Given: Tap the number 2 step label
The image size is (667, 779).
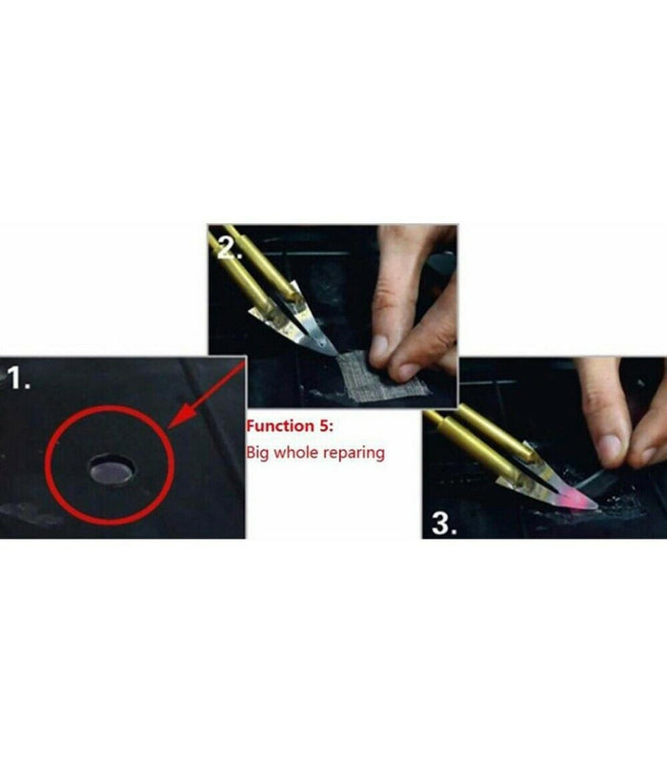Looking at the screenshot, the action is pyautogui.click(x=230, y=247).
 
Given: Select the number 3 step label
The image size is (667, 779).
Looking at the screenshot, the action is pyautogui.click(x=444, y=523).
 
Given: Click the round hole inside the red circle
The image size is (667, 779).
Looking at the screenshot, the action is pyautogui.click(x=112, y=469).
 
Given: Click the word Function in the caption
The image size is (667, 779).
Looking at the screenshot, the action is pyautogui.click(x=280, y=426).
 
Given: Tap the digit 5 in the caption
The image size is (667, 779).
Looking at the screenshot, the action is pyautogui.click(x=325, y=426).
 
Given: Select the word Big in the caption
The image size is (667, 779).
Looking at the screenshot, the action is pyautogui.click(x=258, y=453).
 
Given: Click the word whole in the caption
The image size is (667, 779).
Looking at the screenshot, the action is pyautogui.click(x=297, y=452).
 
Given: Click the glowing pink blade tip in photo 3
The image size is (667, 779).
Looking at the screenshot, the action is pyautogui.click(x=583, y=502).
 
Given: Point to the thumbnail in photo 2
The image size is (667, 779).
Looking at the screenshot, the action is pyautogui.click(x=381, y=345).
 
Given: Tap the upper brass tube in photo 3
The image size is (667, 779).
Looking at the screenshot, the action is pyautogui.click(x=495, y=431).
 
